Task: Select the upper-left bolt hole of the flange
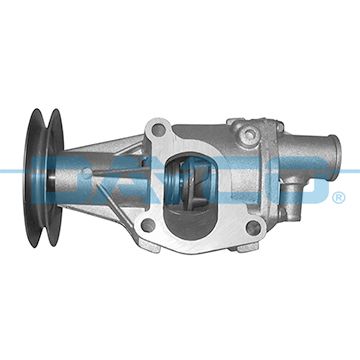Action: point(157,130)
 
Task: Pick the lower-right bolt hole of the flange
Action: point(252,227)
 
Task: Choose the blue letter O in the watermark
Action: point(311,184)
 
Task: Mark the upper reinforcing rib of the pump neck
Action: point(115,150)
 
